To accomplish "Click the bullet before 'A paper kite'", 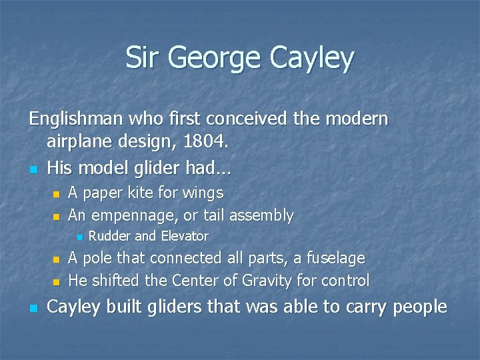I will point(56,194).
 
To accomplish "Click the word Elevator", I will point(183,236).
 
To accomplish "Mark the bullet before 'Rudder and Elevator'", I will point(79,237).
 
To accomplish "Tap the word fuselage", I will point(334,258).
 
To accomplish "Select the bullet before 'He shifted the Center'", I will point(56,281).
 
